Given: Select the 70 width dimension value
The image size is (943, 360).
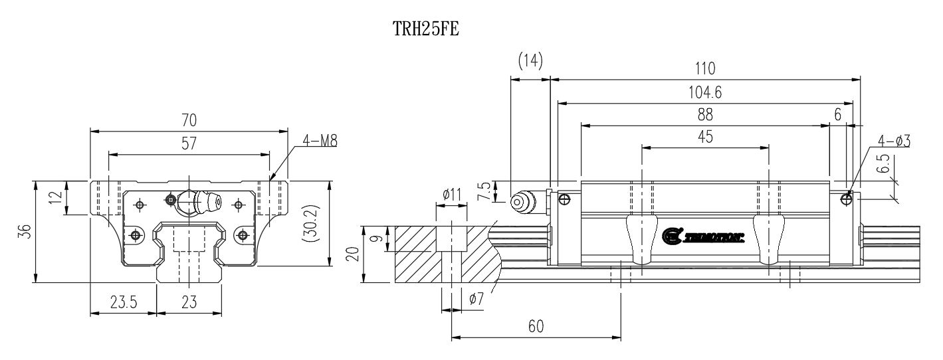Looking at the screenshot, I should click(189, 120).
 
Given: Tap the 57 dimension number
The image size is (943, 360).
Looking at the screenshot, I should click(189, 143).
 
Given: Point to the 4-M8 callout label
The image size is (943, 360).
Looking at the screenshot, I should click(320, 140).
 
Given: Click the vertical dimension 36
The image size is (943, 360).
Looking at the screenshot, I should click(24, 231).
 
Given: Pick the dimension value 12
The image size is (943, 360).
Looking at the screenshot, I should click(57, 197).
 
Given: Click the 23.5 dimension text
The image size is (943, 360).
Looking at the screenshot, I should click(124, 303).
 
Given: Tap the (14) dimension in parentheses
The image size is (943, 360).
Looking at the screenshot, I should click(530, 61).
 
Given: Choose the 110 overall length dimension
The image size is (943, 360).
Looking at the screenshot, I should click(705, 68).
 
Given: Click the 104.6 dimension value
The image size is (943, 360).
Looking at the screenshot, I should click(705, 93).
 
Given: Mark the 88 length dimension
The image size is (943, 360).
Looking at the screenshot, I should click(705, 115).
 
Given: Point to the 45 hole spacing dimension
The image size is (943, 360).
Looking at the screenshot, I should click(705, 137).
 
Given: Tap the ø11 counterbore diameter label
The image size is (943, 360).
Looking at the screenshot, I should click(452, 194).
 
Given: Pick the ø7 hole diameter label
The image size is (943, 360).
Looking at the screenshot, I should click(476, 300).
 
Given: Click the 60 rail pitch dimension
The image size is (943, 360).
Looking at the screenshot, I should click(536, 326).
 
